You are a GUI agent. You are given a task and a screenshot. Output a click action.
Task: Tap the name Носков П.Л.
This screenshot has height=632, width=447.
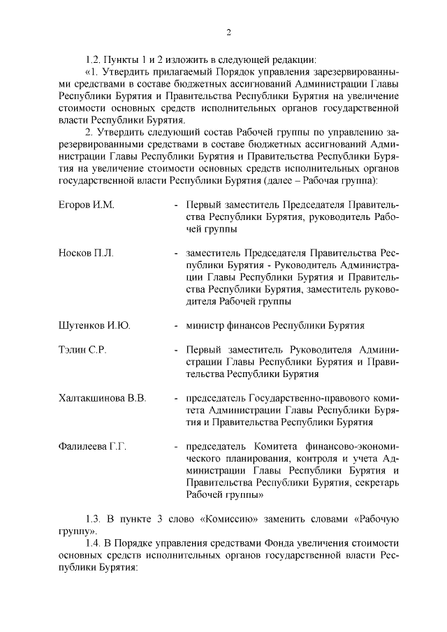[x=85, y=252]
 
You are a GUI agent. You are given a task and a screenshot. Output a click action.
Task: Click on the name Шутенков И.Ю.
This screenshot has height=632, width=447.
[x=94, y=325]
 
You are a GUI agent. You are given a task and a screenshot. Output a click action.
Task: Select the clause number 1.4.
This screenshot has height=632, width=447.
[x=94, y=543]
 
